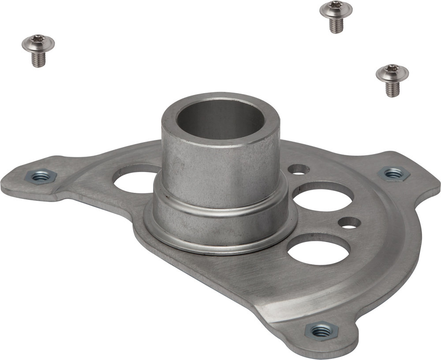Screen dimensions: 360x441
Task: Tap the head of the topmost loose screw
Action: (x=336, y=9)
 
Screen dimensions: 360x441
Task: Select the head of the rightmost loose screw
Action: (x=392, y=73)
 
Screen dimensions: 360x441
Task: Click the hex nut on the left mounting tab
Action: (x=41, y=177)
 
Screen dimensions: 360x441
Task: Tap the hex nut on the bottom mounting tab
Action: (x=321, y=330)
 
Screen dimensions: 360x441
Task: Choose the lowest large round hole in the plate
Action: (x=318, y=250)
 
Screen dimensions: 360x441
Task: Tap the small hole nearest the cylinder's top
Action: (x=299, y=169)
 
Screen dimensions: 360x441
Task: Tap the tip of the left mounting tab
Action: (x=9, y=183)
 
